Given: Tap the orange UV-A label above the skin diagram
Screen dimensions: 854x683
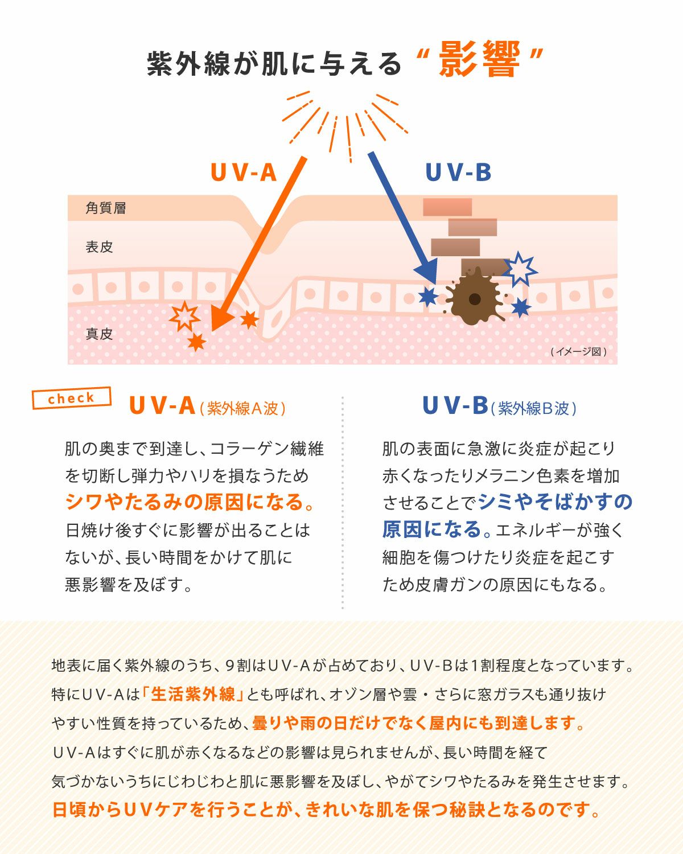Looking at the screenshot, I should (244, 173).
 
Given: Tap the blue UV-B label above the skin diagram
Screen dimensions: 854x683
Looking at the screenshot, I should (458, 173).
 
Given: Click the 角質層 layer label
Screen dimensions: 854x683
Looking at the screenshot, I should (106, 208).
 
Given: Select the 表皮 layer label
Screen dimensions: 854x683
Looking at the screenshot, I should (100, 247).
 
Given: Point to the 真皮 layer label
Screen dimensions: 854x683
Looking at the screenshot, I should (100, 334).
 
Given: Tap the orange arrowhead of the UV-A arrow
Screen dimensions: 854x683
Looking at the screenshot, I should (219, 319).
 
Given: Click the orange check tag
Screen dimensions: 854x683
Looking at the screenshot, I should (72, 398).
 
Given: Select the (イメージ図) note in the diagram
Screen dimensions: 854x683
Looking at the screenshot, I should (578, 352).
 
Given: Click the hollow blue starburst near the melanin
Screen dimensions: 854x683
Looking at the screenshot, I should (519, 269).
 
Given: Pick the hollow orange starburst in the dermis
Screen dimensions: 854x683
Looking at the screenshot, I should (184, 316).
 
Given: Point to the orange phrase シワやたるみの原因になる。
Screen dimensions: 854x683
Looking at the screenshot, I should (190, 502).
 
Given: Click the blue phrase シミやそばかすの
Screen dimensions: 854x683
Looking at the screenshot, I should (555, 502).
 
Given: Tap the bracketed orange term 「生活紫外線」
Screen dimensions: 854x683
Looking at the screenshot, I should (194, 695).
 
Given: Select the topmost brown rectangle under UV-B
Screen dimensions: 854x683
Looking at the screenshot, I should (447, 207).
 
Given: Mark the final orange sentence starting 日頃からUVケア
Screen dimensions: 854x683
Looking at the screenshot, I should (327, 810).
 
